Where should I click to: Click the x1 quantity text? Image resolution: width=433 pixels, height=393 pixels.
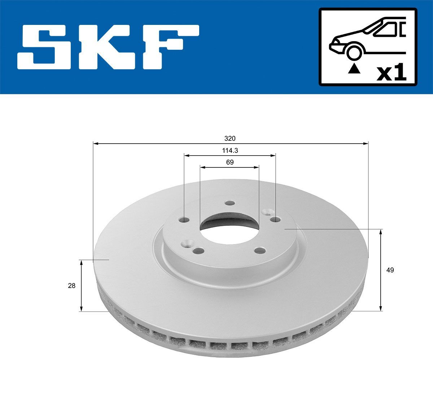point(391,73)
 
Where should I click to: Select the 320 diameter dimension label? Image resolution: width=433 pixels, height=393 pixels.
point(230,139)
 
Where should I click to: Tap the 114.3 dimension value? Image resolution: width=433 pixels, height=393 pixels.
point(230,150)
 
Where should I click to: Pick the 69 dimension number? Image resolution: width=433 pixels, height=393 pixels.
point(230,162)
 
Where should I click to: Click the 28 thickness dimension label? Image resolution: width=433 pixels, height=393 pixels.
point(72,286)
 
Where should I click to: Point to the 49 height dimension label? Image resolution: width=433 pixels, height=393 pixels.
point(390,270)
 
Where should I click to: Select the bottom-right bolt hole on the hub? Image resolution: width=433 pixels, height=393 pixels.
point(259,250)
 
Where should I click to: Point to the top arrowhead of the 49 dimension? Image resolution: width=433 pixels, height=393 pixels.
point(381,232)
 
